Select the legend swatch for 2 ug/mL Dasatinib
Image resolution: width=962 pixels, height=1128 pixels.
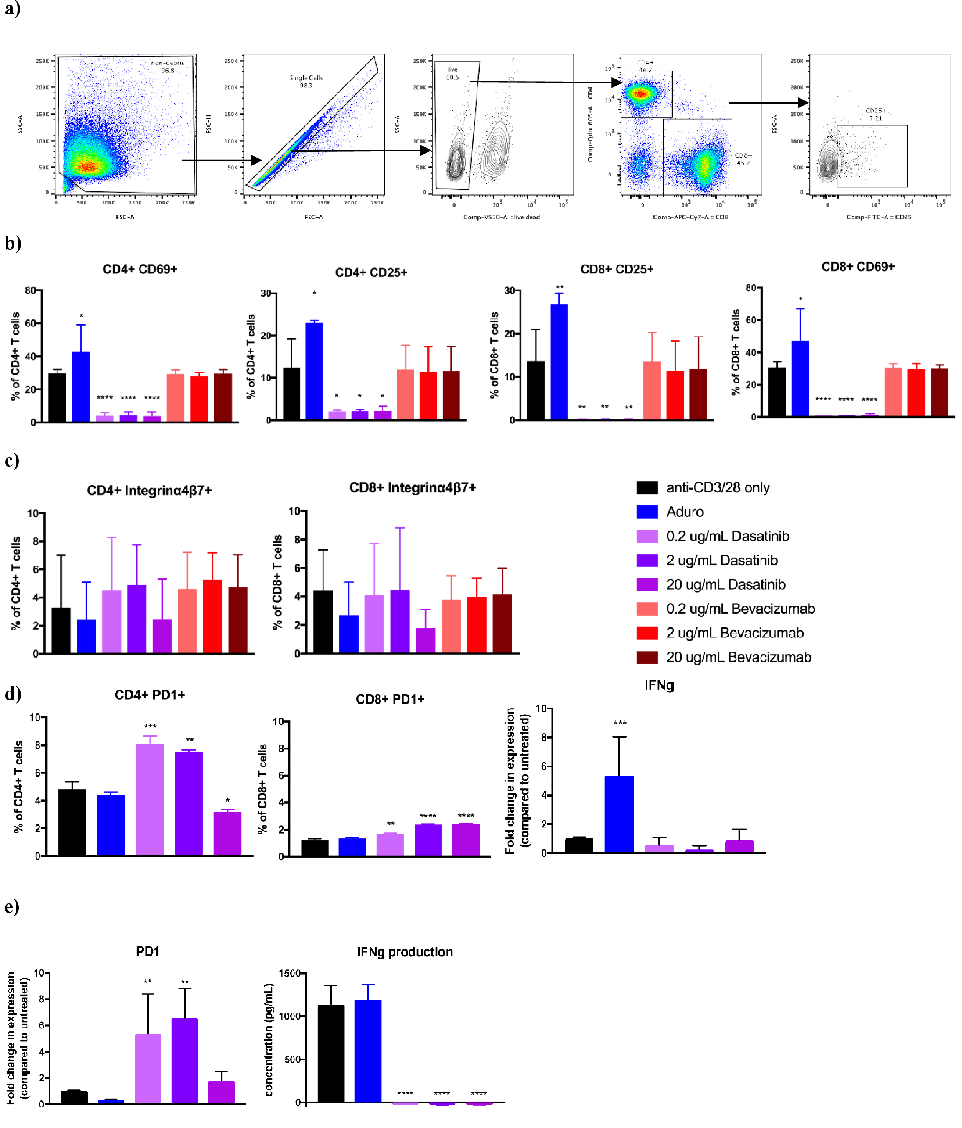tap(647, 560)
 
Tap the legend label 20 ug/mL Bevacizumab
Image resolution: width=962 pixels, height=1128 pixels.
tap(738, 657)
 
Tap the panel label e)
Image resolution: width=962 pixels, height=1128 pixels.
tap(11, 906)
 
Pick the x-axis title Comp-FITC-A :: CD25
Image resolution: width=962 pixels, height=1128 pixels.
tap(878, 217)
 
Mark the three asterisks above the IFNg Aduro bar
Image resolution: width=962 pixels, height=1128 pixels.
tap(620, 723)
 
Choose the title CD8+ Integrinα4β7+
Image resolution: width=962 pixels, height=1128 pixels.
tap(412, 487)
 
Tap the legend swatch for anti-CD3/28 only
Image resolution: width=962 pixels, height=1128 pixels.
tap(647, 487)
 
